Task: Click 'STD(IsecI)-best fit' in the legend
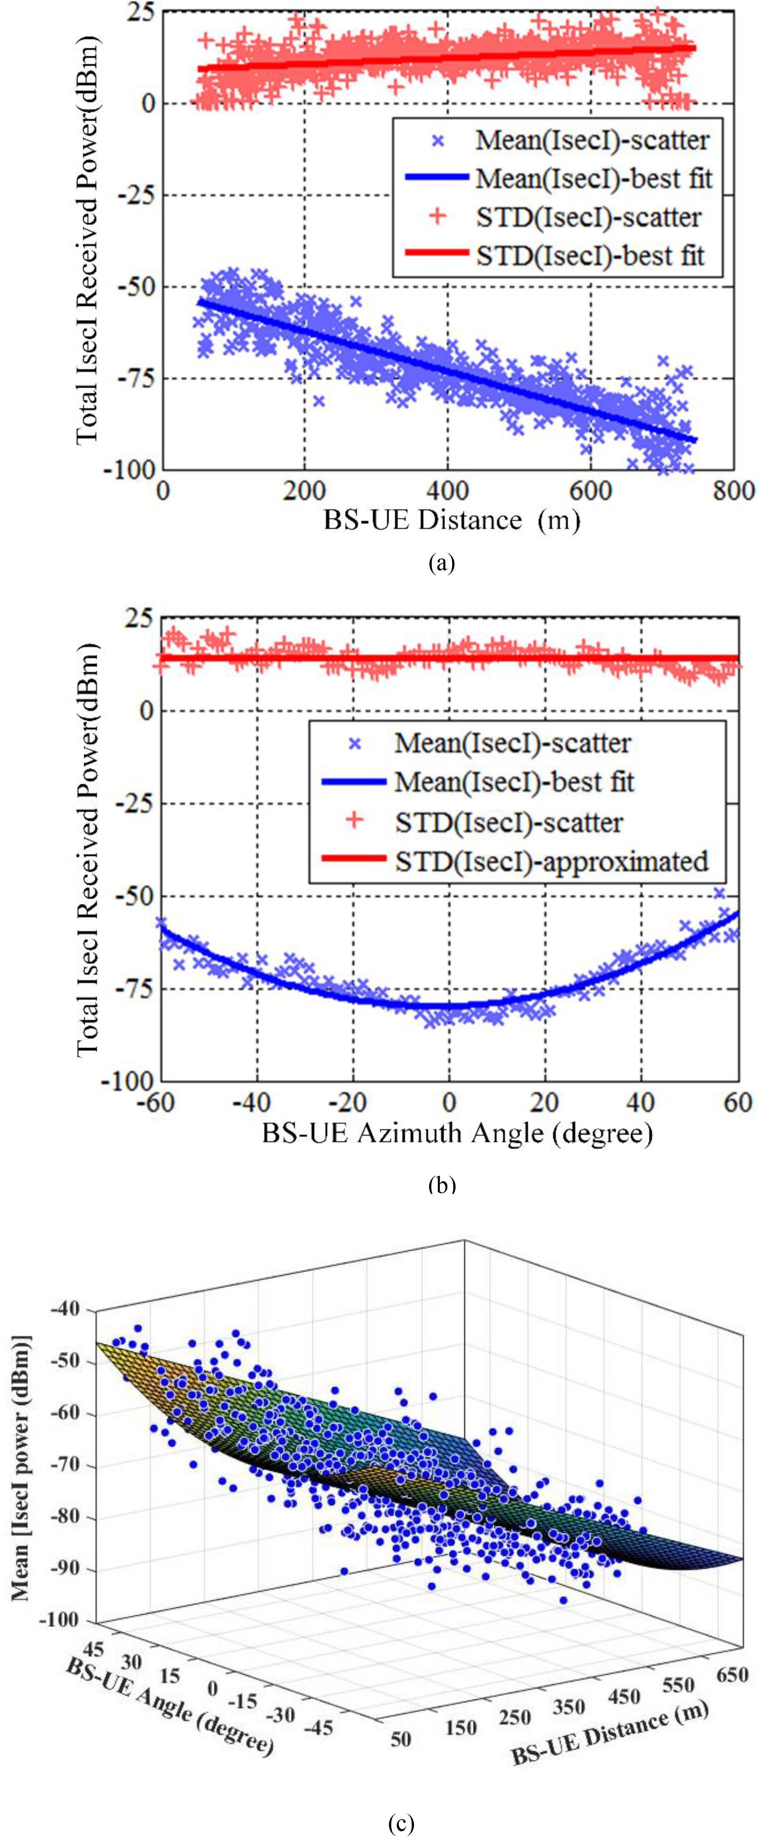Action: [x=590, y=255]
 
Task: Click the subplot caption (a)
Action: [x=442, y=564]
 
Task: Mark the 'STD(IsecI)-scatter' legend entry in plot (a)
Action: [x=588, y=217]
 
